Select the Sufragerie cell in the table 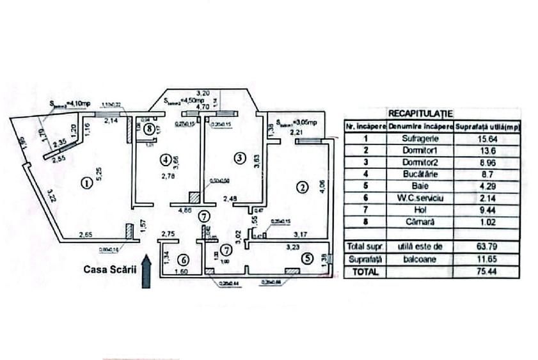[420, 137]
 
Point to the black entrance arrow [146, 271]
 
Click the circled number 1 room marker [86, 184]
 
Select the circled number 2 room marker [302, 187]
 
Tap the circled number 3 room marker [239, 157]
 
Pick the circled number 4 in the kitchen [166, 158]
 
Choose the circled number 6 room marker [183, 260]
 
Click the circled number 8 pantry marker [149, 129]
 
